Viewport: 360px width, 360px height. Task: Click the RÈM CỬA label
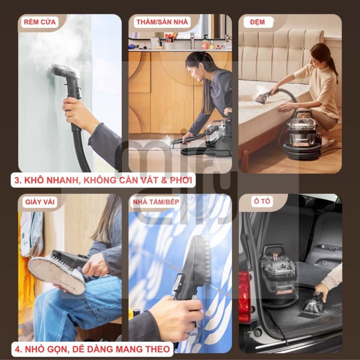(40, 22)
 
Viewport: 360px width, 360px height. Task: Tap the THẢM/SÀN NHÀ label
(162, 22)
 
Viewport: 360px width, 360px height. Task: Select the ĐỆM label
(257, 22)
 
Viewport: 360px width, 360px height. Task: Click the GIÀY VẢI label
(40, 202)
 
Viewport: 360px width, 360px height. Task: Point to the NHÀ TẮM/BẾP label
(156, 202)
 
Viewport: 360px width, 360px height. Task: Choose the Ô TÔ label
(262, 201)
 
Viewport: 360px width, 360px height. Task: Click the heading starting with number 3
(103, 180)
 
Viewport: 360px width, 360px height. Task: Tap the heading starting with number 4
(92, 349)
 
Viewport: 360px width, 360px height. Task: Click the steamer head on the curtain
(65, 70)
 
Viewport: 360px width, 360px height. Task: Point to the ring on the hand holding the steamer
(67, 114)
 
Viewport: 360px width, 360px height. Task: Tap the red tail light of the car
(245, 296)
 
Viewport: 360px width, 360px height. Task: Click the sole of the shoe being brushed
(57, 276)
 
